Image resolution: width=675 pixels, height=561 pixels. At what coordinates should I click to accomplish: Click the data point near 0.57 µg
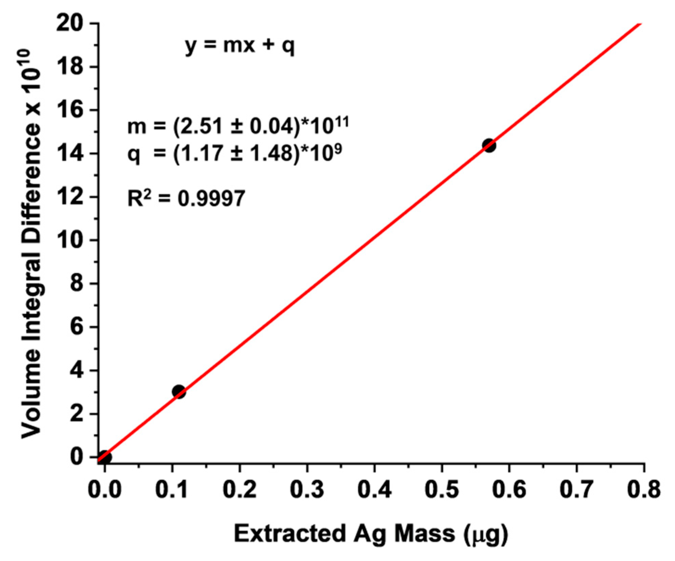pos(489,146)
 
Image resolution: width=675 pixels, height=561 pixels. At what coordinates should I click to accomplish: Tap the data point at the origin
pos(105,457)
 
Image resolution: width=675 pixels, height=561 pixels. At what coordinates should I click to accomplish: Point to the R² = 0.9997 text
pos(186,198)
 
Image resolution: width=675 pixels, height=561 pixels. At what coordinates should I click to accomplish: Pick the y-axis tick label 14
pos(70,154)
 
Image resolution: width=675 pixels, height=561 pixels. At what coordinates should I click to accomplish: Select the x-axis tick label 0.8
pos(644,490)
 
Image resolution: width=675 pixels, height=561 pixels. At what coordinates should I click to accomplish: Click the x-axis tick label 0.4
pos(375,490)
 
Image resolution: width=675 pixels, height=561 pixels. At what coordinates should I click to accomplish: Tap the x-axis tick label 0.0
pos(105,490)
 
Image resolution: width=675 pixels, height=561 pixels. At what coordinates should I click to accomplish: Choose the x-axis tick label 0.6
pos(509,490)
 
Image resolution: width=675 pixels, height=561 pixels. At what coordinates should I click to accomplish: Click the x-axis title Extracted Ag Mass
pos(370,533)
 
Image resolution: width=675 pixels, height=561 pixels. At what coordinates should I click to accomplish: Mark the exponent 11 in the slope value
pos(341,121)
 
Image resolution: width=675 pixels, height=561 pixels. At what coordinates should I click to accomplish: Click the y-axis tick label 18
pos(70,67)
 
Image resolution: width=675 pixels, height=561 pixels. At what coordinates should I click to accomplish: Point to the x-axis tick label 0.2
pos(240,490)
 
